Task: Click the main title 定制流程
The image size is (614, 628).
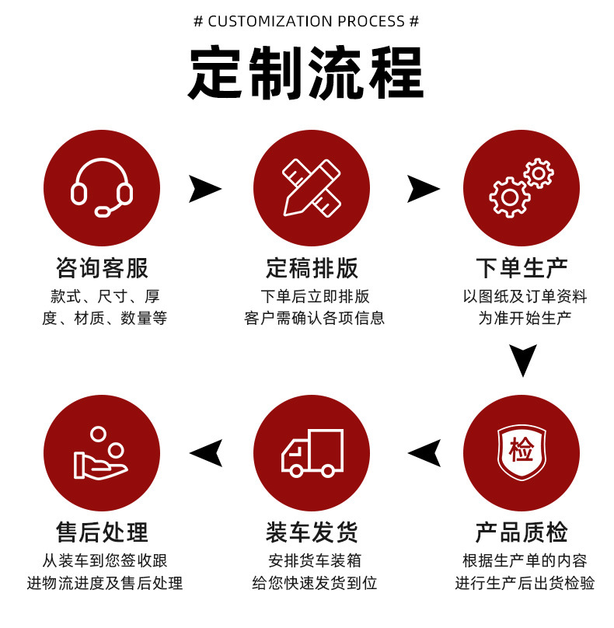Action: [306, 73]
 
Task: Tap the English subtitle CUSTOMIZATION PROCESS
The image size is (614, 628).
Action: [306, 21]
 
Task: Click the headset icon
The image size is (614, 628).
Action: [102, 187]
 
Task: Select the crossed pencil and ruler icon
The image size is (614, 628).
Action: [312, 187]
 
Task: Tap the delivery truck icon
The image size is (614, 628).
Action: [312, 452]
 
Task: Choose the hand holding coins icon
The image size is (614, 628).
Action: [102, 453]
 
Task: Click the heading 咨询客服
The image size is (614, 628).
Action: [102, 268]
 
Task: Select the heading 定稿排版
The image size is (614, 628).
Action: [312, 268]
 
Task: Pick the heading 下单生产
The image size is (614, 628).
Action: [522, 268]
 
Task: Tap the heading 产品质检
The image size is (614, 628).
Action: [522, 532]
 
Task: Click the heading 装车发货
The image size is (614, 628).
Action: [312, 532]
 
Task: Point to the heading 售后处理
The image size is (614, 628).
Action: [102, 532]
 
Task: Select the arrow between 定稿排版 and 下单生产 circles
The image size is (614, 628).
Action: [423, 189]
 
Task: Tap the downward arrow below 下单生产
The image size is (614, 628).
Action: [523, 360]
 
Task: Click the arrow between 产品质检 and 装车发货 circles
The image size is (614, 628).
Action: [424, 453]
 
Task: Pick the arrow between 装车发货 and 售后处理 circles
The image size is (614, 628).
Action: [206, 453]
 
